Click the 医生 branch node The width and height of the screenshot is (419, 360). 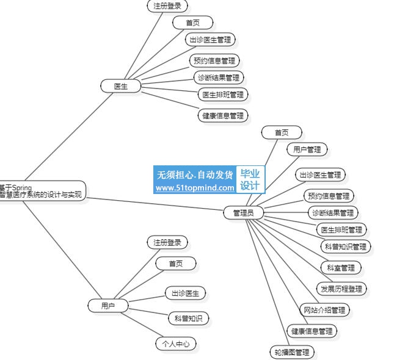pos(121,86)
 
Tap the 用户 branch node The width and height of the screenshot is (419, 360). pos(107,306)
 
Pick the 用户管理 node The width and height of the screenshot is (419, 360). pos(307,149)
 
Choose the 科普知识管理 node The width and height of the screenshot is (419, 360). pos(346,247)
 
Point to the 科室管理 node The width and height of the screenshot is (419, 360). pos(341,267)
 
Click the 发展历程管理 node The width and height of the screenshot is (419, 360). pos(341,289)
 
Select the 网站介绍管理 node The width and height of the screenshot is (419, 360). pos(325,310)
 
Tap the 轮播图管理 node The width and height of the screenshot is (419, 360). pos(291,352)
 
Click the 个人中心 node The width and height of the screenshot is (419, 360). pos(176,344)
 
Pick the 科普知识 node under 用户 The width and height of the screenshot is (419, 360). pos(188,318)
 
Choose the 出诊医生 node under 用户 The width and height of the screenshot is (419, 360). pos(186,293)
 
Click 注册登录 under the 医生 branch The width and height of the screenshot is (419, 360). pos(167,6)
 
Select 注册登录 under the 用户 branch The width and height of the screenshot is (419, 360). pos(167,242)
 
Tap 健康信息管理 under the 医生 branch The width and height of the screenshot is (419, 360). pos(223,115)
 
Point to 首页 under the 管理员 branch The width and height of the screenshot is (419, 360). pos(282,132)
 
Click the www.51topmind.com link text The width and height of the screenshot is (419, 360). pos(195,188)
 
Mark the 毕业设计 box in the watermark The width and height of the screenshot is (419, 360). pos(250,180)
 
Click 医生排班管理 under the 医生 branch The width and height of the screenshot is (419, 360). pos(223,95)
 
